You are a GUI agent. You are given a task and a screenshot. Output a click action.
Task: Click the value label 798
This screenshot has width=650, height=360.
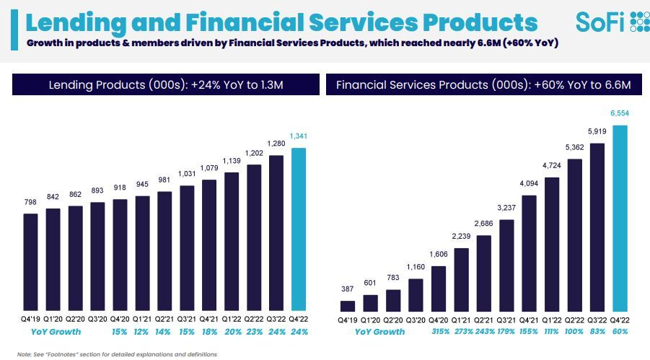[31, 203]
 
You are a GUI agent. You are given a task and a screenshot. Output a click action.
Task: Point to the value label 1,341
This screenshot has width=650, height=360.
[299, 136]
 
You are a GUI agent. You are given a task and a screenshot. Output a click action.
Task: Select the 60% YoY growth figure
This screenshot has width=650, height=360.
[620, 332]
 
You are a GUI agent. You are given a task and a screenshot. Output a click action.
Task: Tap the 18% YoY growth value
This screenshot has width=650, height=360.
[209, 332]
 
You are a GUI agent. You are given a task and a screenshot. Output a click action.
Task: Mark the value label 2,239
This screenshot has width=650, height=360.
[462, 237]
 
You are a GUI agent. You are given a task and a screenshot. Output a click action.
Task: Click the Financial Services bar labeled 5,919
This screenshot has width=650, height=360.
[597, 227]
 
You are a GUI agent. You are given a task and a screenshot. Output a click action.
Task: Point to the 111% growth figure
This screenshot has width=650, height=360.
[552, 332]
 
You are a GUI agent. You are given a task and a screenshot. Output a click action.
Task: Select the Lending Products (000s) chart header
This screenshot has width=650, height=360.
[166, 84]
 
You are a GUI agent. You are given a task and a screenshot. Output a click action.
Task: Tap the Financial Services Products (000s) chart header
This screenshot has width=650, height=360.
[483, 84]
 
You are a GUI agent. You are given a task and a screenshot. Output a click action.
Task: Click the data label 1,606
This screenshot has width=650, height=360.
[439, 255]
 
